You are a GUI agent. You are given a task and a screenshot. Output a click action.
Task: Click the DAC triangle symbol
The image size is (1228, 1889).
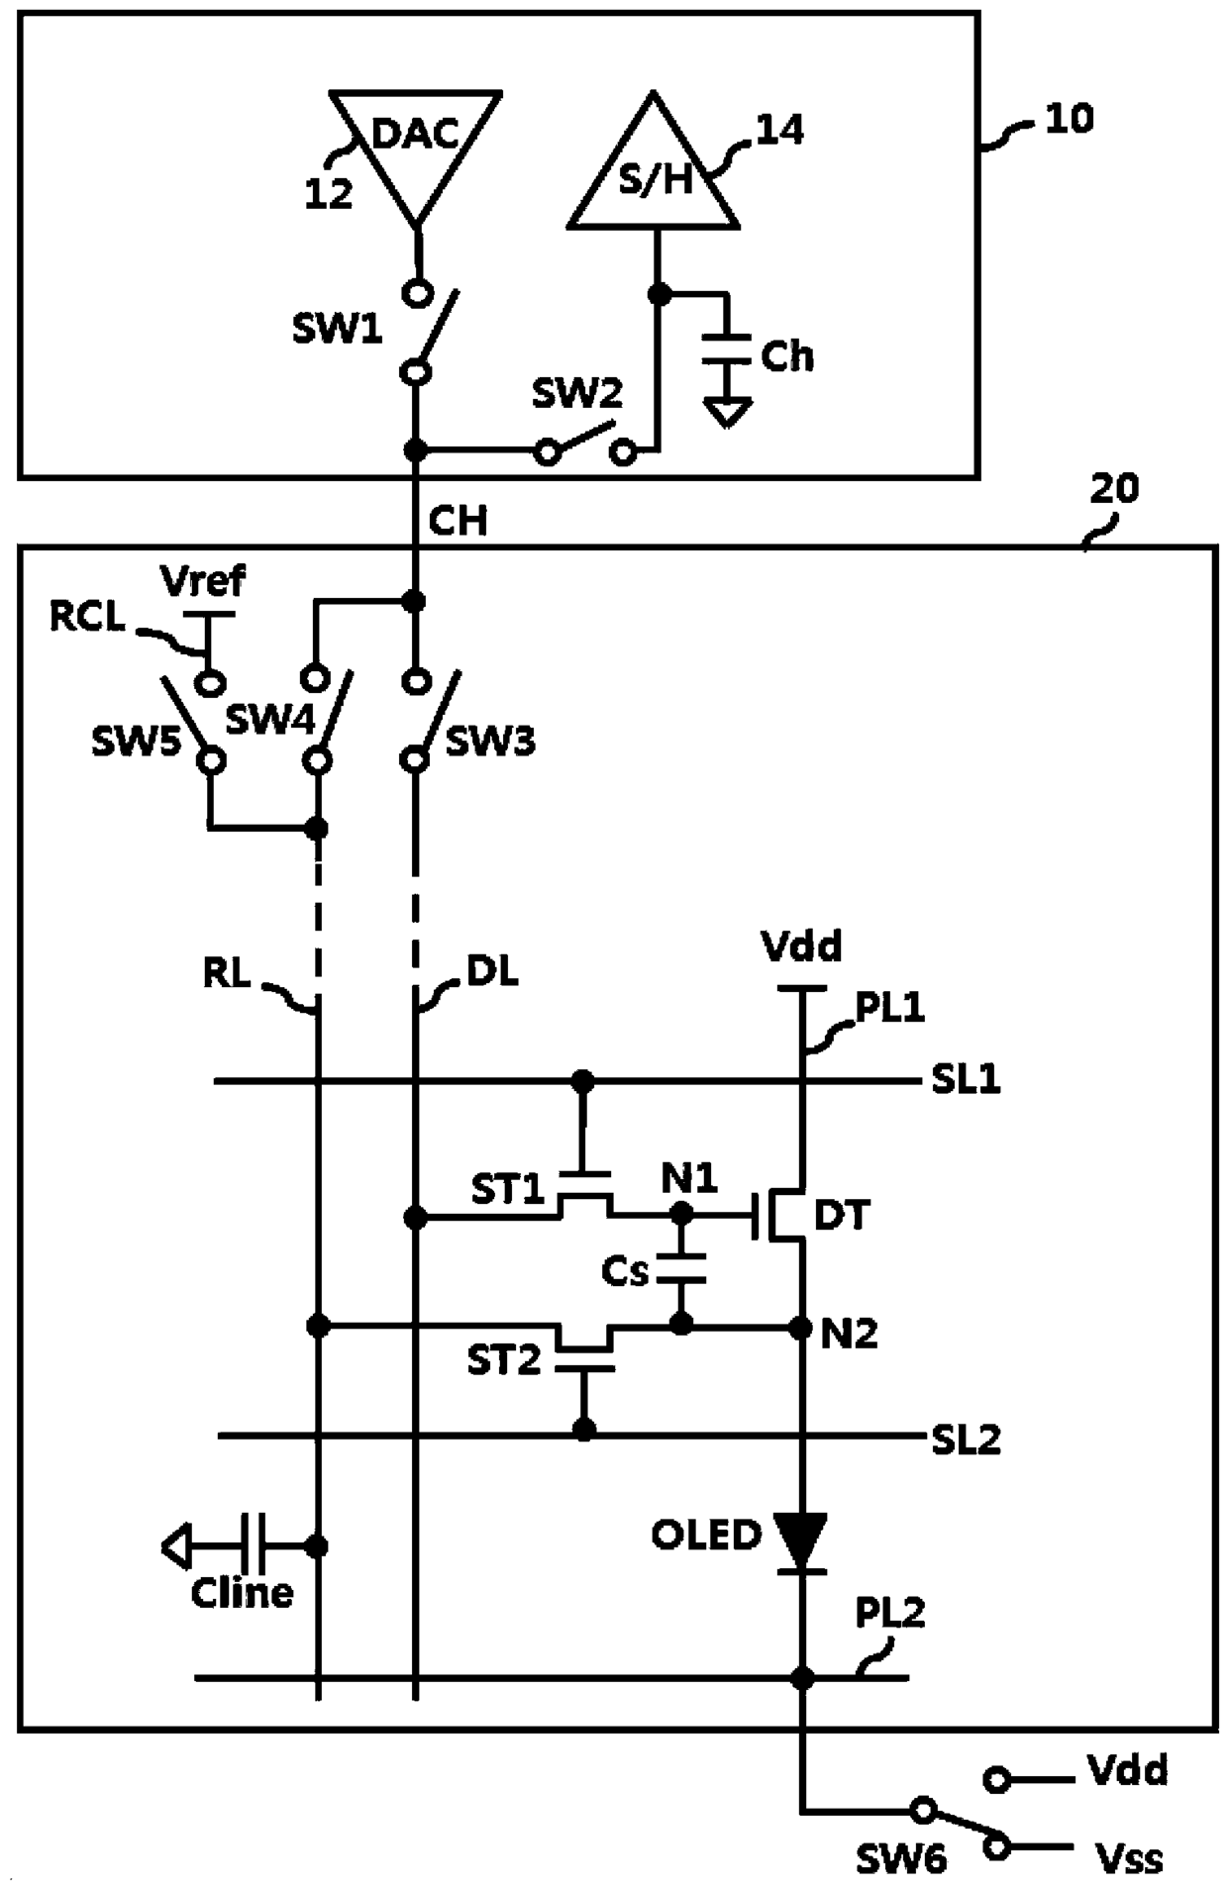tap(416, 149)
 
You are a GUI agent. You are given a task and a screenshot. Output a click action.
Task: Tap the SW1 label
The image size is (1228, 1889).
tap(337, 329)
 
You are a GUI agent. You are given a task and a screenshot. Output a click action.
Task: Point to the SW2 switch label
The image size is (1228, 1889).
tap(576, 393)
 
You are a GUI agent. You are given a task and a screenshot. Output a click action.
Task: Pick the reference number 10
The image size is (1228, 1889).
tap(1070, 119)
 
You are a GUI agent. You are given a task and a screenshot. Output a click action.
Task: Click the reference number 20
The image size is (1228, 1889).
tap(1114, 488)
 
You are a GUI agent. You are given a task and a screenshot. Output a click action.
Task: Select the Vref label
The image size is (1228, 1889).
tap(203, 580)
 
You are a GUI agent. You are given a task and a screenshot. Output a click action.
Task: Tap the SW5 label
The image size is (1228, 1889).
tap(136, 741)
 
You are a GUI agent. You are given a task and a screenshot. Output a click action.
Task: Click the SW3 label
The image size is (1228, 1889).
tap(490, 741)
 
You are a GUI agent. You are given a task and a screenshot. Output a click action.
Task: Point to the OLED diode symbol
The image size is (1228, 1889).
tap(801, 1543)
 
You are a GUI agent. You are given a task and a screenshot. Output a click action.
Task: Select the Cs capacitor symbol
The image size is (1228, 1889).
tap(680, 1268)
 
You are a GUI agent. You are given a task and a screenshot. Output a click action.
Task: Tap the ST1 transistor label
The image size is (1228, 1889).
tap(507, 1189)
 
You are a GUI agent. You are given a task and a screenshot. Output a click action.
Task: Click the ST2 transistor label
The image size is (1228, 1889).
tap(504, 1361)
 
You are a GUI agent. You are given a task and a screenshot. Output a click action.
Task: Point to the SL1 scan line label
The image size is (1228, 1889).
tap(966, 1079)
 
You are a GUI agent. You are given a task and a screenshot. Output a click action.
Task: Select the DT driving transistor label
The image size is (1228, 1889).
tap(842, 1215)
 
